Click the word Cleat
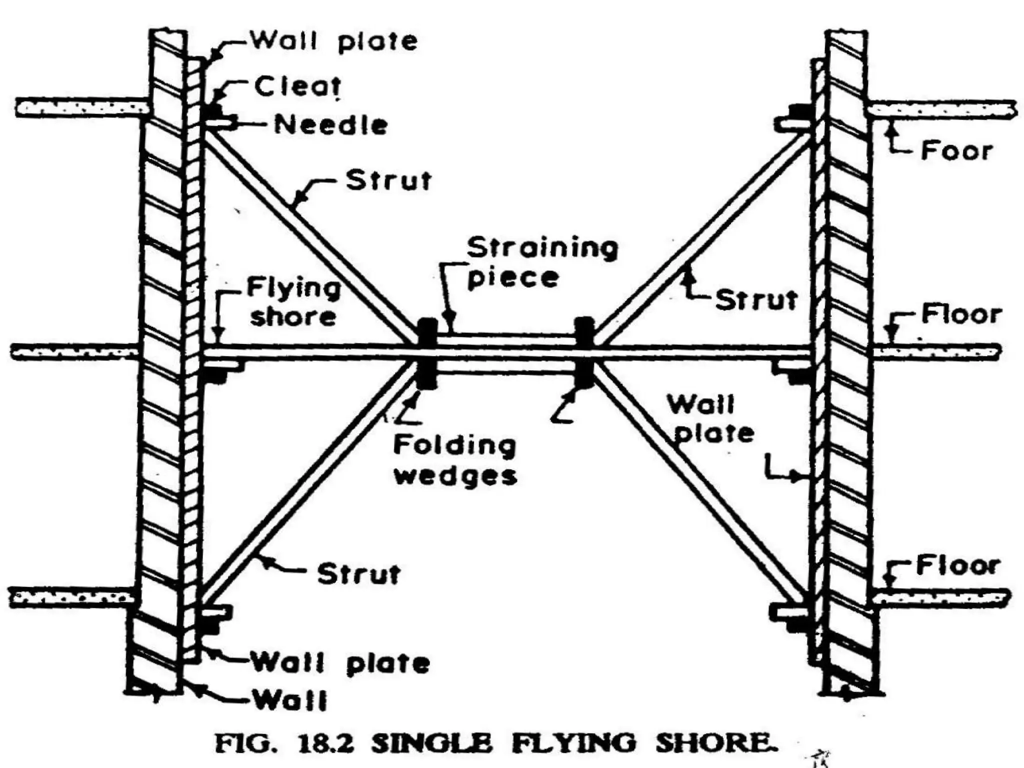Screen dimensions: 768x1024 tap(297, 86)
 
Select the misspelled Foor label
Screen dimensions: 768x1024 tap(956, 150)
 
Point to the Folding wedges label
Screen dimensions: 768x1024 tap(455, 460)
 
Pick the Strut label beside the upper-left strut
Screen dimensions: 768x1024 tap(388, 180)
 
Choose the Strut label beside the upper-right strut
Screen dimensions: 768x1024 tap(756, 300)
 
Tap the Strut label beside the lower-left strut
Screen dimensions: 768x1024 tap(358, 574)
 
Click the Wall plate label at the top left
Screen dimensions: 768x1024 tap(333, 41)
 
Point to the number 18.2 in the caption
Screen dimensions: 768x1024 tap(325, 743)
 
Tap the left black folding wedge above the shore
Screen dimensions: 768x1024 tap(426, 331)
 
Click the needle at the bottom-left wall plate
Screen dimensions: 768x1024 tap(216, 612)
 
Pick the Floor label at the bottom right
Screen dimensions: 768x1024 tap(957, 565)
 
